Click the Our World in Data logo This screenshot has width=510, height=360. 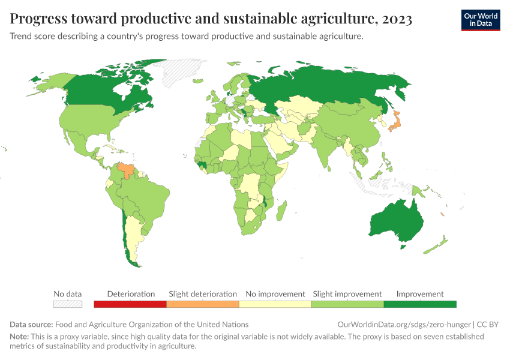point(480,20)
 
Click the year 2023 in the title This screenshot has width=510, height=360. point(397,20)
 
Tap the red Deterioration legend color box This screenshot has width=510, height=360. point(130,305)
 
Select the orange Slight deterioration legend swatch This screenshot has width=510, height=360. point(203,305)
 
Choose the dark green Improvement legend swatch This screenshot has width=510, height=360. point(420,305)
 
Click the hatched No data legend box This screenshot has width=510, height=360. point(67,305)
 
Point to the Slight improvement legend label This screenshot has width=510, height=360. point(347,294)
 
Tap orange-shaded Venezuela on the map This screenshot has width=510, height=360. point(127,169)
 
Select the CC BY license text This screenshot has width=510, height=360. point(488,325)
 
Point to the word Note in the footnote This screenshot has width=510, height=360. point(19,337)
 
